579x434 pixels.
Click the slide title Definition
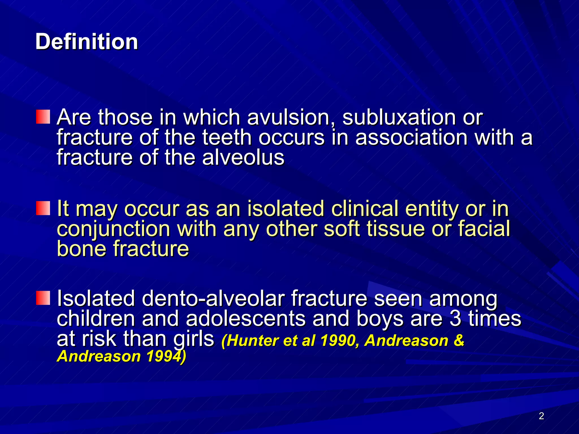[x=87, y=42]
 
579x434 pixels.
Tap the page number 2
[x=541, y=416]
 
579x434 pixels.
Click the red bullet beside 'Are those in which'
[x=43, y=117]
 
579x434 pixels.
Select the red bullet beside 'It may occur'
[x=43, y=208]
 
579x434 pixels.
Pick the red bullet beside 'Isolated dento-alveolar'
[x=43, y=298]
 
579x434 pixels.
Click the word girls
[x=194, y=339]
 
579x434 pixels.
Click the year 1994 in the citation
[x=164, y=356]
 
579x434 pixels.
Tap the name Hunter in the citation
[x=252, y=340]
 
